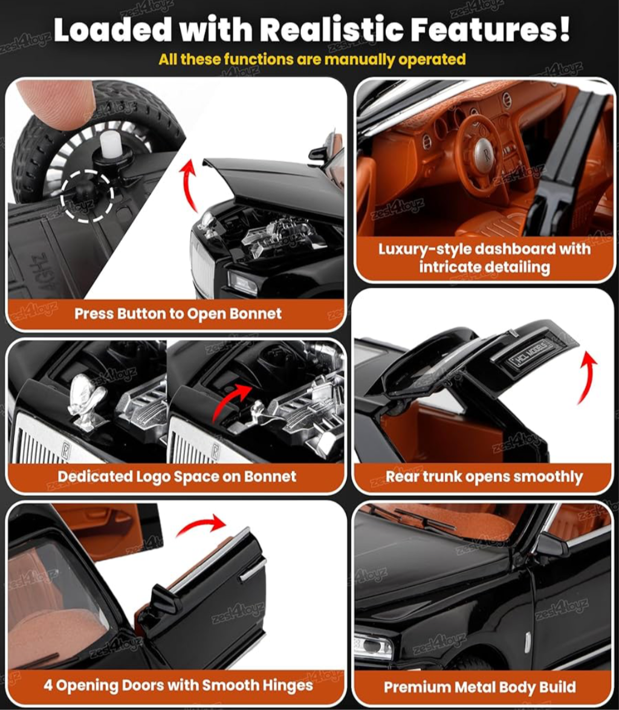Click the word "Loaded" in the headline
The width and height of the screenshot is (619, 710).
tap(112, 30)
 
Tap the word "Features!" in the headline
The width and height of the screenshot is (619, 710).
tap(490, 30)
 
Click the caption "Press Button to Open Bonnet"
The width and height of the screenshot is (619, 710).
tap(178, 313)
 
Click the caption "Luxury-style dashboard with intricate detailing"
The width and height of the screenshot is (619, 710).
tap(484, 257)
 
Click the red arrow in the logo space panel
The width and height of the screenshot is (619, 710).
tap(231, 400)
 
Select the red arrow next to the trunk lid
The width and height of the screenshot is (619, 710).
tap(588, 377)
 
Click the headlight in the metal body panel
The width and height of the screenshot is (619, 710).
tap(374, 646)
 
